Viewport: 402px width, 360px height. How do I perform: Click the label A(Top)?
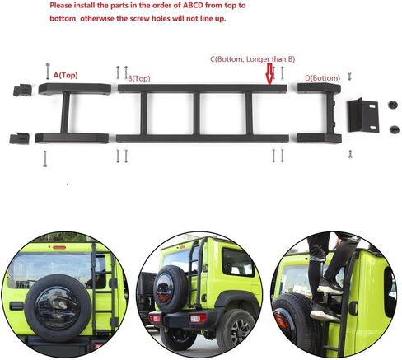pyautogui.click(x=65, y=75)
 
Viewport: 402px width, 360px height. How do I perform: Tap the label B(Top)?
pyautogui.click(x=139, y=78)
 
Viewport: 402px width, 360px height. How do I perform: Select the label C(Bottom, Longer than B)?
pyautogui.click(x=253, y=59)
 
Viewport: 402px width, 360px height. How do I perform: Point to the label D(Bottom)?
pyautogui.click(x=323, y=78)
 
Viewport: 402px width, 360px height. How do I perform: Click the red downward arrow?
pyautogui.click(x=269, y=73)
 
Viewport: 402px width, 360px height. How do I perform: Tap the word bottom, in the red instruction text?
pyautogui.click(x=64, y=19)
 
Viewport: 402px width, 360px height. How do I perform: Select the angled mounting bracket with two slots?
pyautogui.click(x=363, y=115)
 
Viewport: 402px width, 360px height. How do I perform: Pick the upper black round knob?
pyautogui.click(x=393, y=105)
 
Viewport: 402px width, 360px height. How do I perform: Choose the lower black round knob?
pyautogui.click(x=395, y=129)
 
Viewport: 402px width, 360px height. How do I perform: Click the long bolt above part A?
pyautogui.click(x=48, y=72)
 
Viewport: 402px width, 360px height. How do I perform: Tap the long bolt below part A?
pyautogui.click(x=45, y=159)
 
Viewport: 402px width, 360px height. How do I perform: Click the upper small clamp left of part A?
pyautogui.click(x=22, y=91)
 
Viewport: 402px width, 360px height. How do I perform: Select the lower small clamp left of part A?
pyautogui.click(x=19, y=138)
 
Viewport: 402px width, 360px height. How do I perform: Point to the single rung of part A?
pyautogui.click(x=65, y=113)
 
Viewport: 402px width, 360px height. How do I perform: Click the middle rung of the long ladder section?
pyautogui.click(x=196, y=114)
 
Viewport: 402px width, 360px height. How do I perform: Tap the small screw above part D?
pyautogui.click(x=349, y=76)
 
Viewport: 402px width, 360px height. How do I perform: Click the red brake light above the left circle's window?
pyautogui.click(x=59, y=247)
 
